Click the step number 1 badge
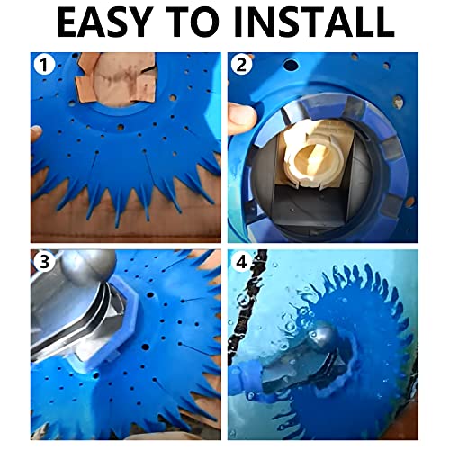[x=40, y=66]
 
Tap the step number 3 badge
[x=40, y=262]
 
